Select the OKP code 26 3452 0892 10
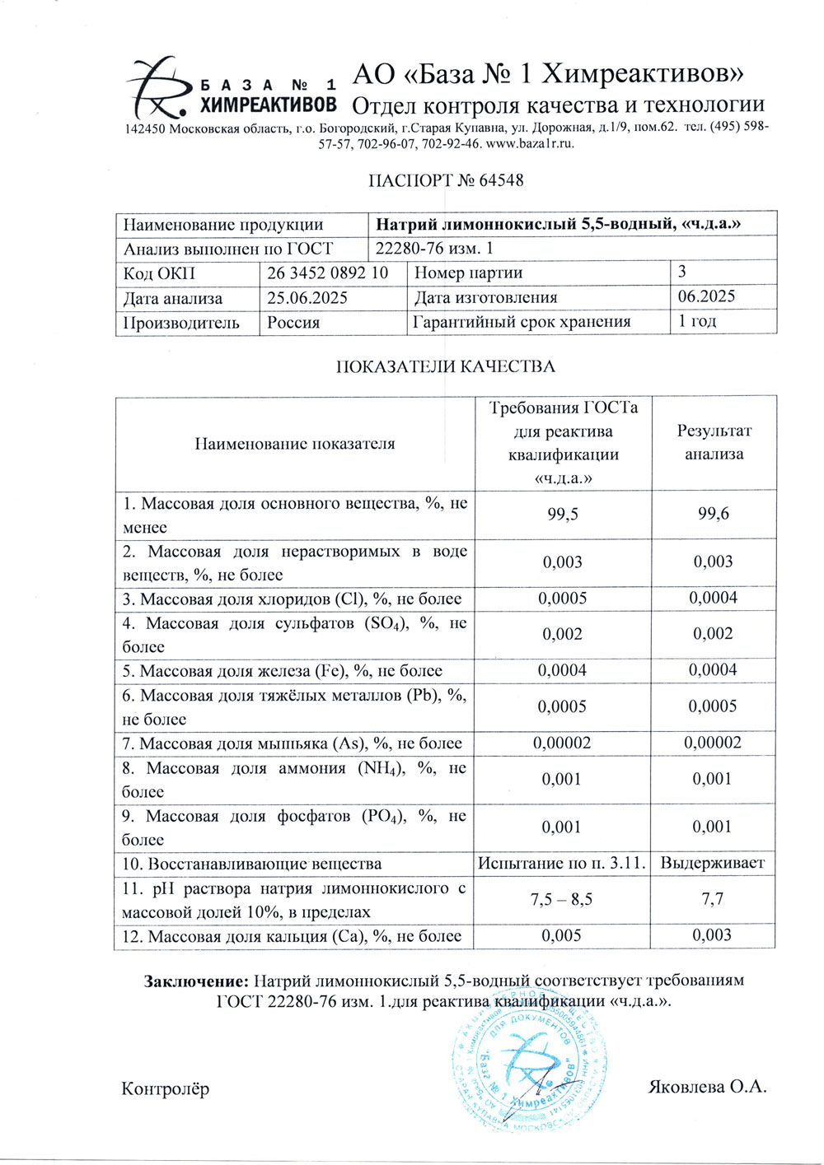point(327,273)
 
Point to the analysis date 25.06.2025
point(307,298)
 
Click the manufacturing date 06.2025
point(706,297)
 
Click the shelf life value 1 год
point(697,322)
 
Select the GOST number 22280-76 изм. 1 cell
point(434,249)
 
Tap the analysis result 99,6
point(714,515)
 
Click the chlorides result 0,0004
point(714,599)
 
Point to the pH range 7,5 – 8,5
point(562,900)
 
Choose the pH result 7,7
point(713,900)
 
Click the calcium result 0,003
point(713,936)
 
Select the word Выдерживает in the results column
point(713,864)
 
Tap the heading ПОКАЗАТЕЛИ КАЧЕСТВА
point(445,367)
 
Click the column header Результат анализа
point(714,443)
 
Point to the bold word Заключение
point(196,981)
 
